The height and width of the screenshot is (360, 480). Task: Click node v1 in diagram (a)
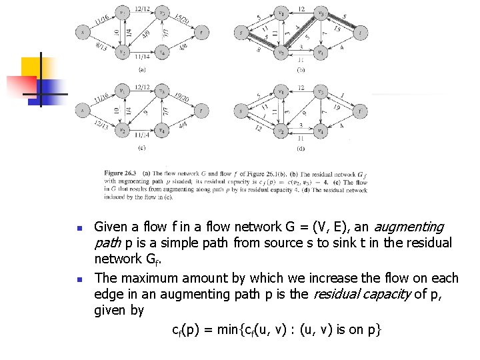point(122,12)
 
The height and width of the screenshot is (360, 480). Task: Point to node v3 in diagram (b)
point(321,12)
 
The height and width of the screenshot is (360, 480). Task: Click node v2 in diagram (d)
point(281,131)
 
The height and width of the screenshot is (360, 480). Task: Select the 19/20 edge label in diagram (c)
point(182,97)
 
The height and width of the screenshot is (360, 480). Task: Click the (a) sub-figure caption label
point(142,69)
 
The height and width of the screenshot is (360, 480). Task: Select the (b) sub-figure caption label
point(301,69)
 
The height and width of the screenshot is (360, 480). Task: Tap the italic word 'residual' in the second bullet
point(335,294)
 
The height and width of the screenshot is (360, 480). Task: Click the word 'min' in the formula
point(255,329)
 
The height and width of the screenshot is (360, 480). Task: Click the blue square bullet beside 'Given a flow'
point(79,229)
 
